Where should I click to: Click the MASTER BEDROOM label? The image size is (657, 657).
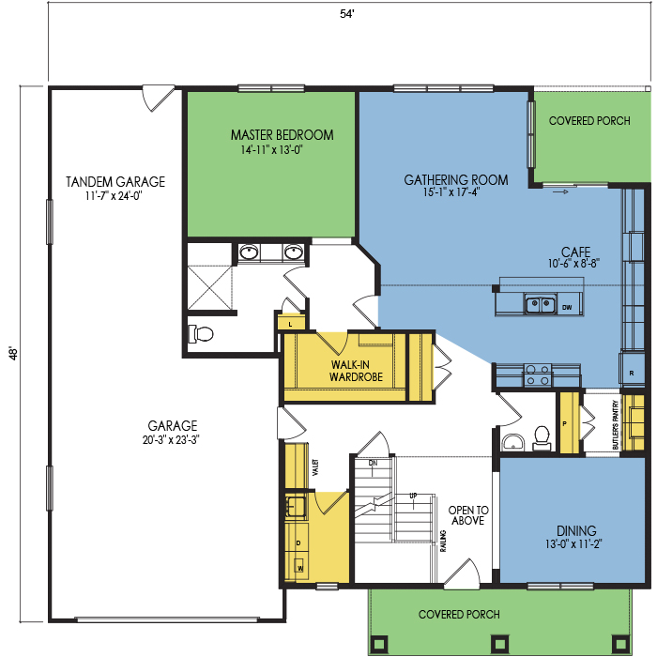pyautogui.click(x=282, y=135)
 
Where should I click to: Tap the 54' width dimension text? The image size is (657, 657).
pyautogui.click(x=347, y=14)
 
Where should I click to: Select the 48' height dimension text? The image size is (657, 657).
pyautogui.click(x=13, y=353)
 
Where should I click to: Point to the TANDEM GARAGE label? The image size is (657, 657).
pyautogui.click(x=115, y=182)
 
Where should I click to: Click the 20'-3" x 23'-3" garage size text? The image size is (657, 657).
pyautogui.click(x=171, y=440)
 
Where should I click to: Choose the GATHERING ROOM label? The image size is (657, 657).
pyautogui.click(x=456, y=180)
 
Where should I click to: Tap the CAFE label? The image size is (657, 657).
pyautogui.click(x=575, y=252)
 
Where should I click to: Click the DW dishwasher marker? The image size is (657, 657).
pyautogui.click(x=567, y=308)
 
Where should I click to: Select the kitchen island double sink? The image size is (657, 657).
pyautogui.click(x=541, y=303)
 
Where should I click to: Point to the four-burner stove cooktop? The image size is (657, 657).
pyautogui.click(x=538, y=375)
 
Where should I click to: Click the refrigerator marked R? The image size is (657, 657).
pyautogui.click(x=632, y=370)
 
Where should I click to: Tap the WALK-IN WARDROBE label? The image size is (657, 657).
pyautogui.click(x=356, y=371)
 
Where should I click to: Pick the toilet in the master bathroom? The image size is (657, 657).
pyautogui.click(x=201, y=334)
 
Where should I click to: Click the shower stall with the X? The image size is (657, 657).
pyautogui.click(x=209, y=288)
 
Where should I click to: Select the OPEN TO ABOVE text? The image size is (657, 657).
pyautogui.click(x=468, y=515)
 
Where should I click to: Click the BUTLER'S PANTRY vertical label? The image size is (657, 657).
pyautogui.click(x=615, y=425)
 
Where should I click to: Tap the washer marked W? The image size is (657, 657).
pyautogui.click(x=299, y=567)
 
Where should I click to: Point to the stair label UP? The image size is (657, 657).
pyautogui.click(x=413, y=497)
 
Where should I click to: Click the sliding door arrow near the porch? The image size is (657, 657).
pyautogui.click(x=560, y=191)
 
